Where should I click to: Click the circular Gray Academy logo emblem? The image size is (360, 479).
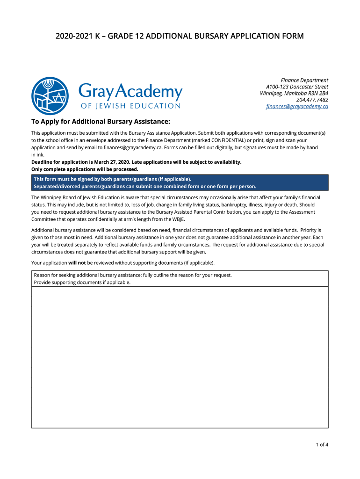click(x=50, y=96)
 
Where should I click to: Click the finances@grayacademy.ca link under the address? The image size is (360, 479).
click(x=297, y=107)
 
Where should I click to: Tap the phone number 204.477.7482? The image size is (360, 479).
click(x=312, y=100)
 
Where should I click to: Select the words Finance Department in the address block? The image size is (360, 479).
click(x=304, y=80)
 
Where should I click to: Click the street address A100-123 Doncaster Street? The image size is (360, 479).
click(x=297, y=87)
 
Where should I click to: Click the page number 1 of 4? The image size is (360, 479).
click(x=322, y=445)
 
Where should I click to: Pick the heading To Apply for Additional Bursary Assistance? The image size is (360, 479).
click(x=101, y=122)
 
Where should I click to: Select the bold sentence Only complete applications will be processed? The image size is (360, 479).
click(x=85, y=169)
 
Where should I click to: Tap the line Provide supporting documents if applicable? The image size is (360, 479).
click(x=82, y=283)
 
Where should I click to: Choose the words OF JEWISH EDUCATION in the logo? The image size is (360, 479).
click(x=130, y=106)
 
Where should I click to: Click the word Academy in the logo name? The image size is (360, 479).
click(x=149, y=92)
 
